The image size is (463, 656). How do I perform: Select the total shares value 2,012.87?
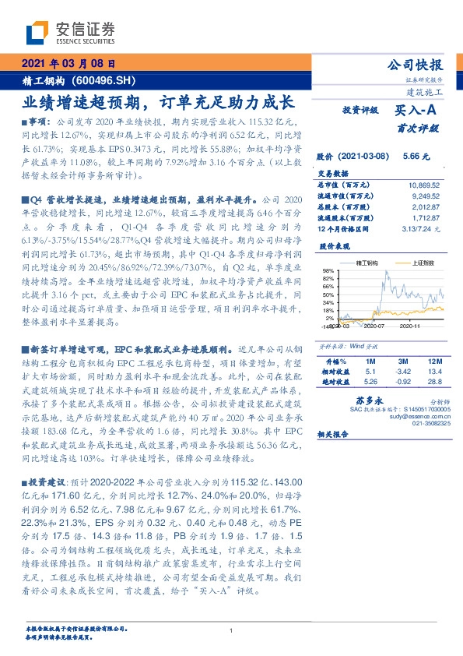click(x=425, y=208)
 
